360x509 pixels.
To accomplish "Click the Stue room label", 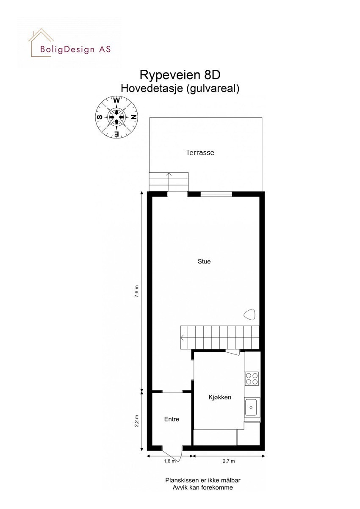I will click(204, 262).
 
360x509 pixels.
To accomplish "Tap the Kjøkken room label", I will click(219, 397).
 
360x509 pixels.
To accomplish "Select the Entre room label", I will click(172, 419).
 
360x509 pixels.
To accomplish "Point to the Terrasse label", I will click(200, 152).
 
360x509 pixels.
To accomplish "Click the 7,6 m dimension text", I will click(136, 292).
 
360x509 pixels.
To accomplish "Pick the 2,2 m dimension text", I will click(136, 422).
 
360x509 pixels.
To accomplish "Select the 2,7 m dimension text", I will click(229, 461).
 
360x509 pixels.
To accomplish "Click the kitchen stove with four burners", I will click(252, 378).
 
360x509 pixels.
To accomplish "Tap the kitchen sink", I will click(252, 408).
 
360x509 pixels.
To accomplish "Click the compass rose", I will click(116, 117).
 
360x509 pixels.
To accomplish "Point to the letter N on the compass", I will click(134, 117).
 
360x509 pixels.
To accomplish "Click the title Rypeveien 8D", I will click(180, 75).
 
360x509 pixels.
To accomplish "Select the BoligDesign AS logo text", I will click(75, 49).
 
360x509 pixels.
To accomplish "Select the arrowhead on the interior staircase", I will click(182, 337).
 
